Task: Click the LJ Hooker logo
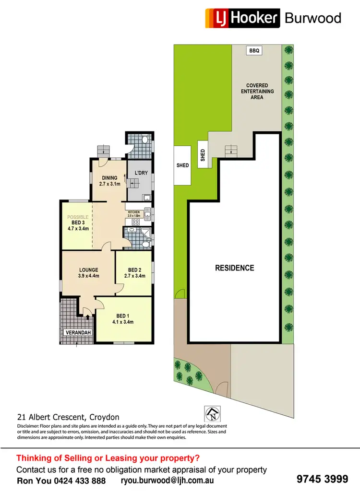(x=242, y=18)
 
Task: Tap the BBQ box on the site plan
(x=253, y=50)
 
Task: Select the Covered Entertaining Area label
(x=257, y=91)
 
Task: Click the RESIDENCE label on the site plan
(x=234, y=268)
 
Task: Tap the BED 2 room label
(x=134, y=272)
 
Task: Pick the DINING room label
(x=109, y=180)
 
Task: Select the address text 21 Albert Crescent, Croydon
(x=68, y=417)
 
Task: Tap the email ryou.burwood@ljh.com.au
(x=167, y=480)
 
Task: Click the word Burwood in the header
(x=313, y=18)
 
